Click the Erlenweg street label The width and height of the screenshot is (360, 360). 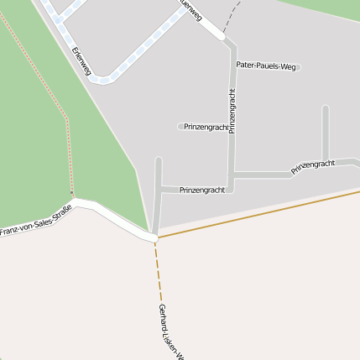tap(81, 61)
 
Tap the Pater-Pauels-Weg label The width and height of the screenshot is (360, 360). tap(266, 65)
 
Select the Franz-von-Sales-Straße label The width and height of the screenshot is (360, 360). tap(35, 219)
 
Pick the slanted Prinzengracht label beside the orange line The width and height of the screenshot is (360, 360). tap(312, 166)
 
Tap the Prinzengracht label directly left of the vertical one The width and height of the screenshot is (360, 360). tap(205, 128)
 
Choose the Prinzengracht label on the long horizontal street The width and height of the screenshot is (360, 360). tap(202, 190)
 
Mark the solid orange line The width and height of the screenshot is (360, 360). tap(269, 212)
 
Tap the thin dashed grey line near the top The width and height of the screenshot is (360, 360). tap(232, 17)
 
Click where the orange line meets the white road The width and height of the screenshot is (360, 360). tap(156, 237)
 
